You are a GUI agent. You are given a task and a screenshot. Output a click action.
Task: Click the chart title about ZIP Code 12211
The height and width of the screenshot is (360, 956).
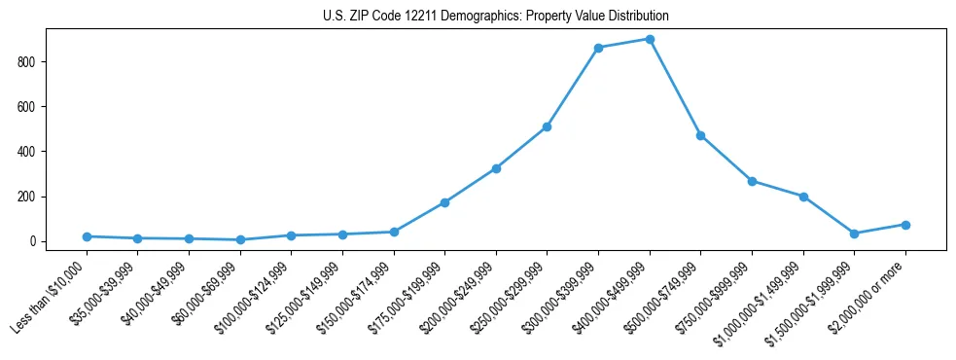coord(496,16)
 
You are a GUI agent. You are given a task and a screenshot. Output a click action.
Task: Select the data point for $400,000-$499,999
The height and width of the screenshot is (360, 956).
coord(650,39)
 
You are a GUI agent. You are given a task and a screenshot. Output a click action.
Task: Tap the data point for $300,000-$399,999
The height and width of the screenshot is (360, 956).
coord(598,48)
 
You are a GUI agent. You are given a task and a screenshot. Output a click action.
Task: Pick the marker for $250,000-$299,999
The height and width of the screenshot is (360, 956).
coord(547,126)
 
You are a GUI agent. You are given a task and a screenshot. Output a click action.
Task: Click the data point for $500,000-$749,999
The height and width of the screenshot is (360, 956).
coord(700,135)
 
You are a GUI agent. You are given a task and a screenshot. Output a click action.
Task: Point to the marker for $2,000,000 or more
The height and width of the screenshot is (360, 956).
coord(905,225)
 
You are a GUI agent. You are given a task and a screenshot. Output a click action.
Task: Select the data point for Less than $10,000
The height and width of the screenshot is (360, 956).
coord(87,236)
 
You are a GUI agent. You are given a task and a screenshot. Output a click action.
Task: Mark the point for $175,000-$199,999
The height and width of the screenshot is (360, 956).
coord(444,202)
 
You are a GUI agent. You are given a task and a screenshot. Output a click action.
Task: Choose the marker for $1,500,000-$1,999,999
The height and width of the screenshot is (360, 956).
coord(854,234)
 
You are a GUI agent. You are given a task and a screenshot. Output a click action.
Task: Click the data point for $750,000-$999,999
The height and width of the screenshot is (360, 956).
coord(752,181)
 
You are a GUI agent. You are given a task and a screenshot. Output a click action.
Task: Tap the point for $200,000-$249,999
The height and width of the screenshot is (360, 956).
coord(496,168)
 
